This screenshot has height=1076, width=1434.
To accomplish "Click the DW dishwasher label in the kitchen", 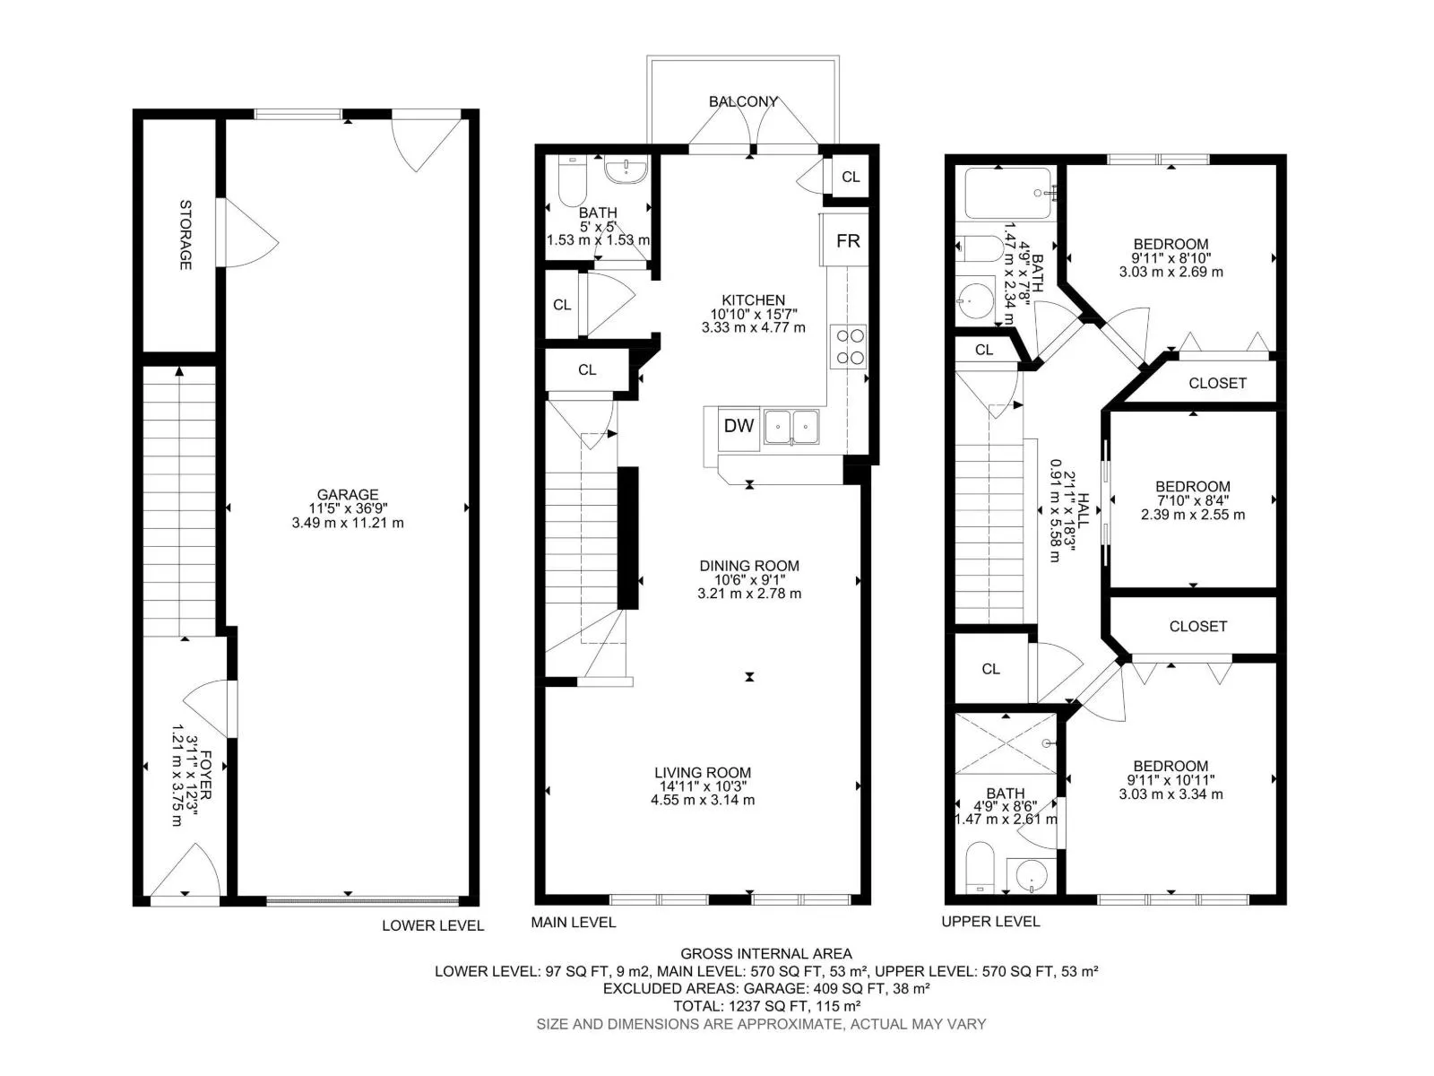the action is tap(739, 426).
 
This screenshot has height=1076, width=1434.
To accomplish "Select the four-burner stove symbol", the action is tap(848, 346).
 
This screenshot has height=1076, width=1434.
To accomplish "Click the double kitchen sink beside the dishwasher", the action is tap(791, 427).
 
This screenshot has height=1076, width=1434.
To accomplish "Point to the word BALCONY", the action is tap(744, 102).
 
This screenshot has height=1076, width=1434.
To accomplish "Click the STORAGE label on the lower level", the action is tap(186, 235).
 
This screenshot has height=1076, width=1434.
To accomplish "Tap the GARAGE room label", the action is tap(348, 495).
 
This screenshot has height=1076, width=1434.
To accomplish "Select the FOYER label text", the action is tap(205, 776).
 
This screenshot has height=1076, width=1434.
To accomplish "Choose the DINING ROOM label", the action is tap(749, 566).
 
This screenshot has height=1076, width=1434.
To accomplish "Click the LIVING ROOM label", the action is tap(703, 772).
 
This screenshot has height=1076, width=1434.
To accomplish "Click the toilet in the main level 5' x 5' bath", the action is tap(573, 180).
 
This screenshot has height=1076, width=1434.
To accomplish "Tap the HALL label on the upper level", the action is tap(1084, 511).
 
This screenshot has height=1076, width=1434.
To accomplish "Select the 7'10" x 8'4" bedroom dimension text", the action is tap(1193, 501).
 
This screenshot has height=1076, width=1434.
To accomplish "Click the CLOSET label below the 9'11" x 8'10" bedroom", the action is tap(1217, 384).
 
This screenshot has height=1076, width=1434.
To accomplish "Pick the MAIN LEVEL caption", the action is tap(573, 923).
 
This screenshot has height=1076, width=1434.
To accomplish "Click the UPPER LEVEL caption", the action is tap(990, 922).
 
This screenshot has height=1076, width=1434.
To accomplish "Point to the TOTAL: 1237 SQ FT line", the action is tap(767, 1007).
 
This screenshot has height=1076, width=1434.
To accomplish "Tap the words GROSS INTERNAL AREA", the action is tap(766, 954).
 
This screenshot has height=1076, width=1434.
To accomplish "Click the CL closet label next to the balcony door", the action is tap(851, 177).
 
